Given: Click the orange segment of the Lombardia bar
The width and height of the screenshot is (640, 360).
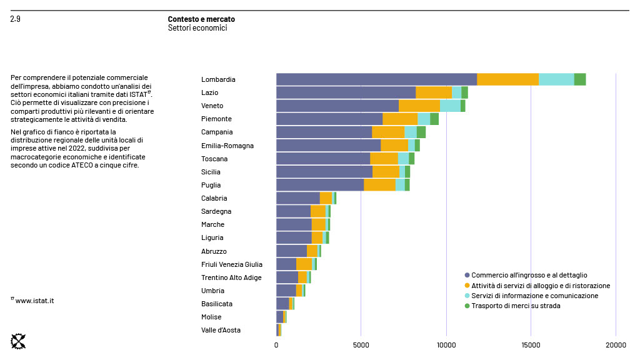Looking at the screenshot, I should pos(507,79).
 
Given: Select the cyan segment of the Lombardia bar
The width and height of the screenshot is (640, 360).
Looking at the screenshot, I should pos(556,79).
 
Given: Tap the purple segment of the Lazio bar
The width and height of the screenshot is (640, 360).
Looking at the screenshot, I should pos(346,92).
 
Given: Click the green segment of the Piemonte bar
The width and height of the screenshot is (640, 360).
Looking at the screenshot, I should pos(434,119).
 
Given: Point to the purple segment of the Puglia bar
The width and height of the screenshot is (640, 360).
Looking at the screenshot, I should pos(320,185).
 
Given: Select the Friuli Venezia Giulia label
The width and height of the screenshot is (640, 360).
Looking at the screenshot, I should pos(232,264).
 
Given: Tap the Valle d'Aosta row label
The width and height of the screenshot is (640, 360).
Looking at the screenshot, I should pos(221,330).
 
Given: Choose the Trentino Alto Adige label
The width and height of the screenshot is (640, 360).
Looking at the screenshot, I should pos(231,277).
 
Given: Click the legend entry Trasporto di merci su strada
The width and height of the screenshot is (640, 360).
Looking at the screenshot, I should pos(516,306).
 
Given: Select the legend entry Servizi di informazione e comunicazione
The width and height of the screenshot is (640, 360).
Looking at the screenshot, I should pos(534,296).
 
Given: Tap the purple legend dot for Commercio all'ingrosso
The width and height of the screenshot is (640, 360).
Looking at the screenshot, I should pos(467,275).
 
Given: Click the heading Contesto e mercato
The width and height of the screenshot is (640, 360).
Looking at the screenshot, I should pos(201,19).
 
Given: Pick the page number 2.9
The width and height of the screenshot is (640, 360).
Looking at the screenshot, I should pos(16,19).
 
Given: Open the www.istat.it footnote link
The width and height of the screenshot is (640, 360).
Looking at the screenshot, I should pos(34,301).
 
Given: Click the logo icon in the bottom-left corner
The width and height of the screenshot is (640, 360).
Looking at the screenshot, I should pos(19,341).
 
